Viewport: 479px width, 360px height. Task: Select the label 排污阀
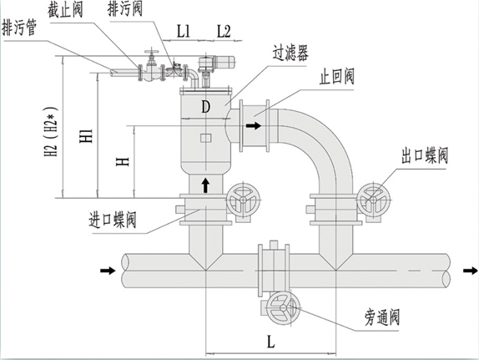click(125, 9)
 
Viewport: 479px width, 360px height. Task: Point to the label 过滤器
click(289, 53)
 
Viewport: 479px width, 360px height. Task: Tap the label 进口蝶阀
click(113, 222)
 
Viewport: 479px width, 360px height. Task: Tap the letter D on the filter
click(206, 106)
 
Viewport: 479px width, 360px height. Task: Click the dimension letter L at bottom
click(270, 342)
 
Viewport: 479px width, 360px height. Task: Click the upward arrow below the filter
click(206, 182)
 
